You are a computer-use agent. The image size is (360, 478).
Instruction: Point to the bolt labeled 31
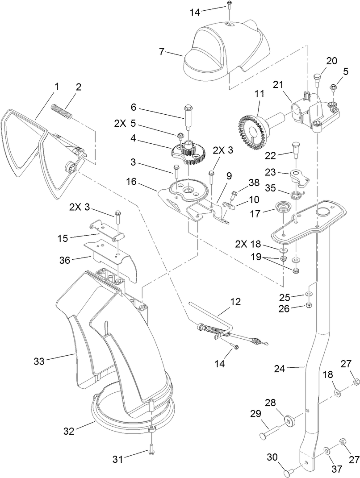[151, 452]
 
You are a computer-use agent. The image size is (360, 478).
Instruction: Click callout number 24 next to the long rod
[280, 369]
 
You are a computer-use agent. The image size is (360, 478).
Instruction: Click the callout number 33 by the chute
[39, 361]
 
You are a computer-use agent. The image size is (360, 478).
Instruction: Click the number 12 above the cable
[234, 302]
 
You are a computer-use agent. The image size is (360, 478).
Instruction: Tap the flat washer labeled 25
[309, 295]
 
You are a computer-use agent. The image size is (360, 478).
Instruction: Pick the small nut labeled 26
[309, 306]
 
